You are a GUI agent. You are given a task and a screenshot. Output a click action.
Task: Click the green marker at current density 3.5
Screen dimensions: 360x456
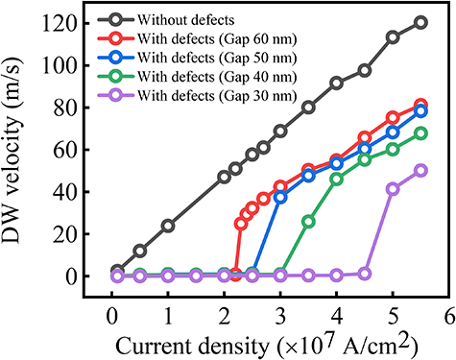pos(308,221)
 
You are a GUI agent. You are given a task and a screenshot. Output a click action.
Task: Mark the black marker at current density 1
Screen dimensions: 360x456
pos(168,226)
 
